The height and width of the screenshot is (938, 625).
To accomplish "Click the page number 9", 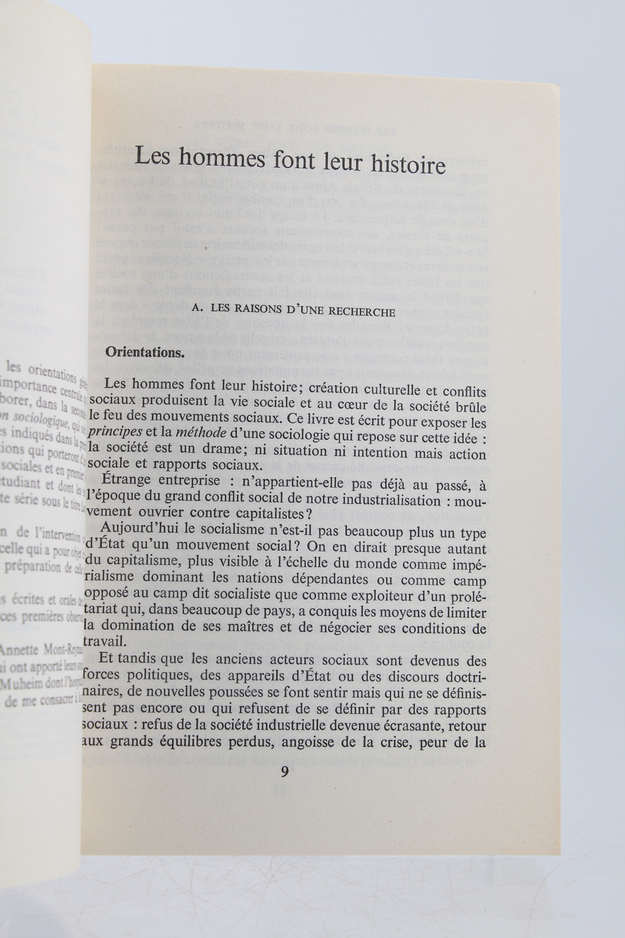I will [285, 772].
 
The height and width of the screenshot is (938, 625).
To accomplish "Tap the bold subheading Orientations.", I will [144, 353].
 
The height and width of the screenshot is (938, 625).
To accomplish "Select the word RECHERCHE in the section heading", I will [362, 312].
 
